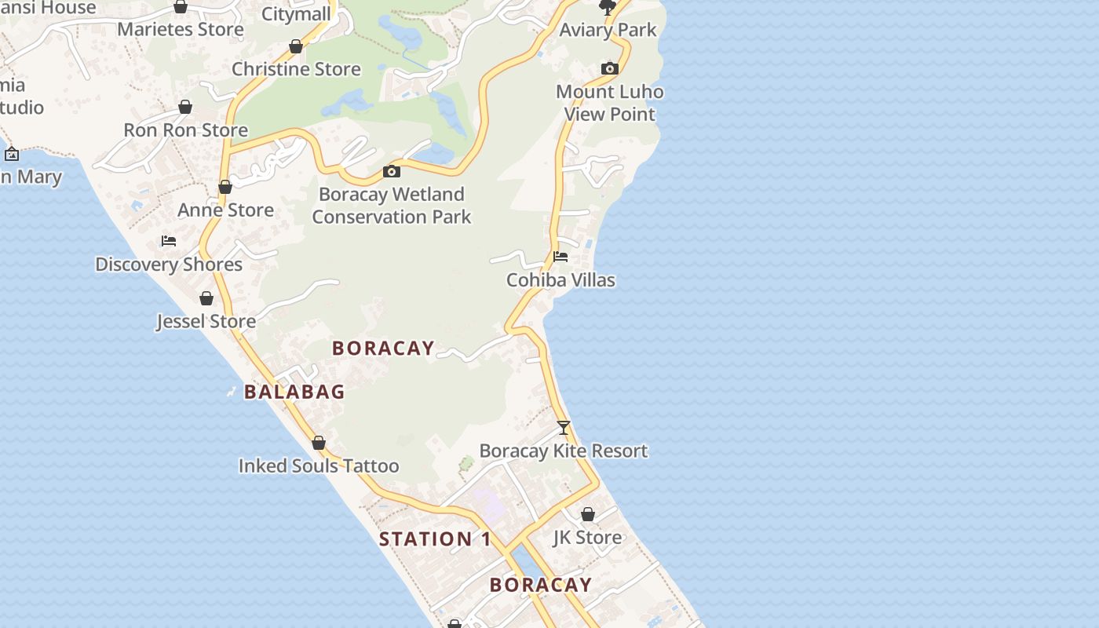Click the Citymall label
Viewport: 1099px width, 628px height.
pyautogui.click(x=296, y=14)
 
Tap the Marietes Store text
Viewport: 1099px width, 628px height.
pyautogui.click(x=181, y=30)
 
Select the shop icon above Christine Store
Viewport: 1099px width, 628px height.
pyautogui.click(x=296, y=47)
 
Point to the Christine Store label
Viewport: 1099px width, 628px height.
pyautogui.click(x=296, y=69)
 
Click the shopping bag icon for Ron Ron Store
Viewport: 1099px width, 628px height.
pyautogui.click(x=185, y=107)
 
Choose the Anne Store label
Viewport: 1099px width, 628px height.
pyautogui.click(x=225, y=210)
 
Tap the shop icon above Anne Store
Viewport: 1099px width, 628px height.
pyautogui.click(x=225, y=187)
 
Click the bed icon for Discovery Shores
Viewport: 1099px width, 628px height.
pyautogui.click(x=169, y=241)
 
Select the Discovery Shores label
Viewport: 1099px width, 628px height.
pyautogui.click(x=169, y=265)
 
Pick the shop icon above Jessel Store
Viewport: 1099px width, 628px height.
pyautogui.click(x=206, y=298)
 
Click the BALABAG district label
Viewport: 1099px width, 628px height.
pyautogui.click(x=294, y=392)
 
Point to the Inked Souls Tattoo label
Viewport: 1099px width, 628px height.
pyautogui.click(x=319, y=466)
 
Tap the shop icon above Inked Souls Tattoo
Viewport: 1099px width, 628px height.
pyautogui.click(x=319, y=444)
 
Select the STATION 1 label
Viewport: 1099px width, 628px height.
pyautogui.click(x=435, y=539)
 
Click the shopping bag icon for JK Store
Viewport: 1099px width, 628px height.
pyautogui.click(x=588, y=515)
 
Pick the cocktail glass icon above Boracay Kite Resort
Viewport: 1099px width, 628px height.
pyautogui.click(x=564, y=428)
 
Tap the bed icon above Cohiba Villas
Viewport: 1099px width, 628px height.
pyautogui.click(x=560, y=257)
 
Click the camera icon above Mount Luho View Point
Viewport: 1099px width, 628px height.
pyautogui.click(x=610, y=69)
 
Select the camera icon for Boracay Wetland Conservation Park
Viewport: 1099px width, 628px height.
pyautogui.click(x=392, y=171)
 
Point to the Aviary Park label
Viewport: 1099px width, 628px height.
pyautogui.click(x=608, y=30)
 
